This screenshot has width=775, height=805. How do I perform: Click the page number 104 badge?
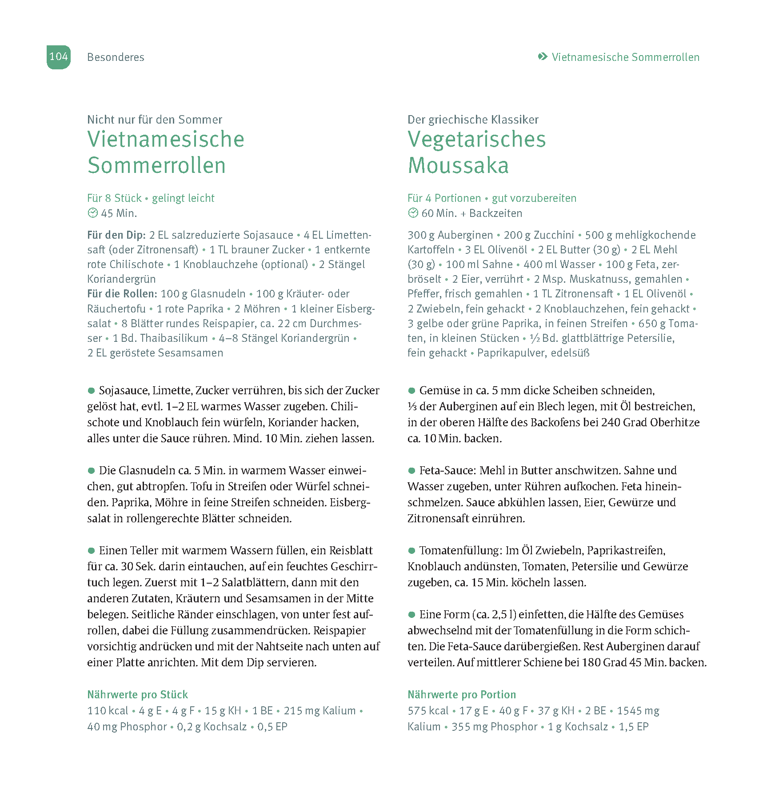point(59,57)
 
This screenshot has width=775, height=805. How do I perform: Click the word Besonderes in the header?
point(116,57)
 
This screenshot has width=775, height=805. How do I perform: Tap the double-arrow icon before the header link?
point(542,56)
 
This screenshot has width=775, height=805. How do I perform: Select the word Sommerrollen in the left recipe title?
point(156,165)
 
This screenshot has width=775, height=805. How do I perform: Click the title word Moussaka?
point(458,165)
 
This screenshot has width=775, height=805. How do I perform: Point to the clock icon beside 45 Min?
point(92,213)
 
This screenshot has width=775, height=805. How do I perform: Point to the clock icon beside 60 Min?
point(413,213)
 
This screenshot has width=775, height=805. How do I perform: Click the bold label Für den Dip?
point(116,235)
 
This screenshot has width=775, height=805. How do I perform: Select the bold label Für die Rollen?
point(122,294)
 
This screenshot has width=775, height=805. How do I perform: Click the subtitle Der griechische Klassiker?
point(473,120)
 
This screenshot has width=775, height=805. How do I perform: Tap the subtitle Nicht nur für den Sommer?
point(155,120)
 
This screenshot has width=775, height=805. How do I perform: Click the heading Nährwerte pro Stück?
point(137,695)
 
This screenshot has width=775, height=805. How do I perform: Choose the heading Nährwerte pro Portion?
point(462,695)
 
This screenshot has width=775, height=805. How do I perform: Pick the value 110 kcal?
point(108,711)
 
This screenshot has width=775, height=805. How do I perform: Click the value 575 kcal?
point(428,711)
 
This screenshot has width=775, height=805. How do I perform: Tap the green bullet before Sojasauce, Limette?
point(92,391)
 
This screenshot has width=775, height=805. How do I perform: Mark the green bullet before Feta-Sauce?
point(411,471)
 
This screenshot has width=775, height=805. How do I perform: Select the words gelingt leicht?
point(183,198)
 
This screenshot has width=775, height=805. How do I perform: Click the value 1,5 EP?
point(634,727)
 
